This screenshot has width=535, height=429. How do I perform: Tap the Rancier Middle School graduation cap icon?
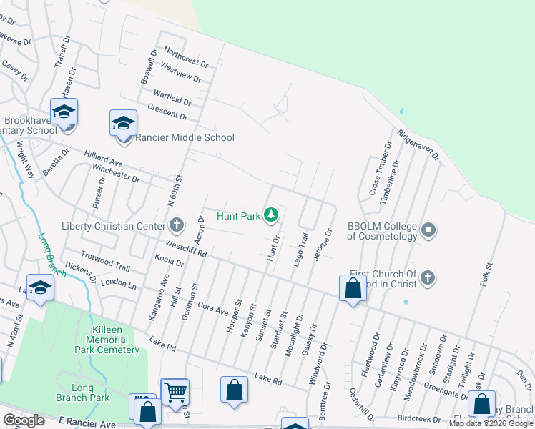(x=123, y=122)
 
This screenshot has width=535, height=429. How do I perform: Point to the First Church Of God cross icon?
(x=428, y=277)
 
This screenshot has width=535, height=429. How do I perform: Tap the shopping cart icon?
(x=175, y=391)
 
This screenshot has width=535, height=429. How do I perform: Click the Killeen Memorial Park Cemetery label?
(x=107, y=343)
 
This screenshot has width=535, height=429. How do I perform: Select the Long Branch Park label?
(x=90, y=393)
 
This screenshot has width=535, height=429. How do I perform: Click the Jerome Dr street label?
(x=328, y=246)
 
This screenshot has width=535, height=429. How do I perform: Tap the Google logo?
(x=24, y=420)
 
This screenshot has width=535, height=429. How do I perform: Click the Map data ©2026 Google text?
(x=491, y=423)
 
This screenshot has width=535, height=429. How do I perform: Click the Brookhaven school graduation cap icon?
(x=64, y=112)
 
